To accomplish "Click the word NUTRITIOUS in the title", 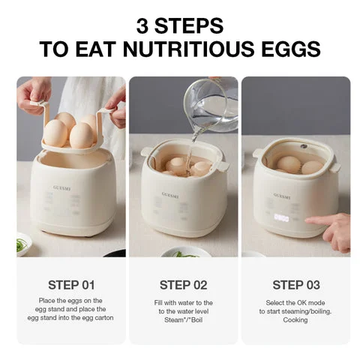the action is pyautogui.click(x=188, y=49).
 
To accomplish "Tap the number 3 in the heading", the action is pyautogui.click(x=142, y=25).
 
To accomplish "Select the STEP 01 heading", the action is pyautogui.click(x=71, y=285).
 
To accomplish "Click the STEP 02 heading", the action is pyautogui.click(x=184, y=285).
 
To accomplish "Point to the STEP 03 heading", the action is pyautogui.click(x=296, y=285).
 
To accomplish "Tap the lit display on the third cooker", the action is pyautogui.click(x=281, y=218).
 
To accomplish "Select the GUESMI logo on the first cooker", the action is pyautogui.click(x=61, y=188).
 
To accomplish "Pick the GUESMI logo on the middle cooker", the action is pyautogui.click(x=170, y=195).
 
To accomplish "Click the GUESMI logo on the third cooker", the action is pyautogui.click(x=282, y=196).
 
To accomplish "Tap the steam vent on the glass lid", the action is pyautogui.click(x=303, y=146).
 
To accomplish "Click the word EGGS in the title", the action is pyautogui.click(x=291, y=49).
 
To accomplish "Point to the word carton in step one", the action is pyautogui.click(x=104, y=318).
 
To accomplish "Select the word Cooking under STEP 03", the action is pyautogui.click(x=295, y=320).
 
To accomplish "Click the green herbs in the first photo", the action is pyautogui.click(x=22, y=244).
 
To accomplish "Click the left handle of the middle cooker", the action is pyautogui.click(x=145, y=151).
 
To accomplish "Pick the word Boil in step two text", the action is pyautogui.click(x=196, y=320).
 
